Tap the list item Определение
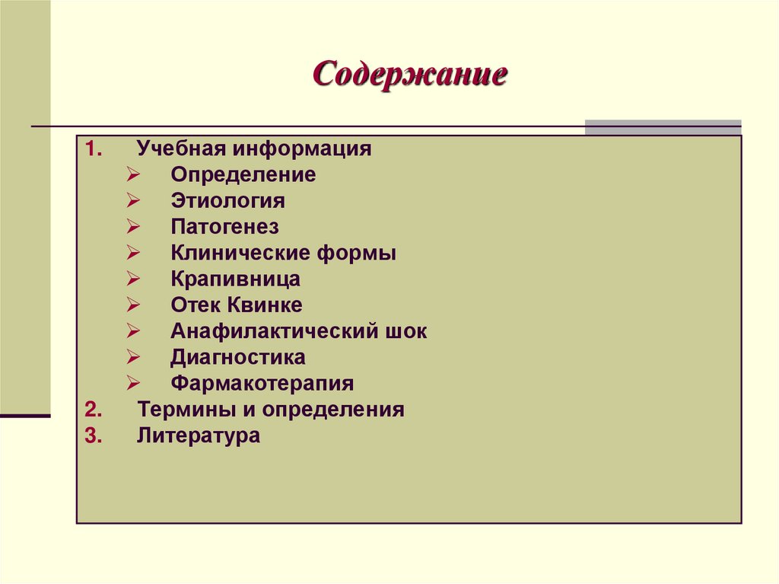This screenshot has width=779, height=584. point(243,175)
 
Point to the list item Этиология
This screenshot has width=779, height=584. point(227,201)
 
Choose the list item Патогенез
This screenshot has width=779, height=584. point(224,227)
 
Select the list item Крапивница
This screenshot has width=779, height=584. point(235,279)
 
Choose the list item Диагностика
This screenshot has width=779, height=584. point(237,357)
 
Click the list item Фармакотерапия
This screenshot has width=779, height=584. point(262,383)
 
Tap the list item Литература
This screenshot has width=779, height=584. point(199,436)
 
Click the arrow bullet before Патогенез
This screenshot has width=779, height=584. point(132,227)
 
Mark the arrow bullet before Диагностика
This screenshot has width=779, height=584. point(132,357)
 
